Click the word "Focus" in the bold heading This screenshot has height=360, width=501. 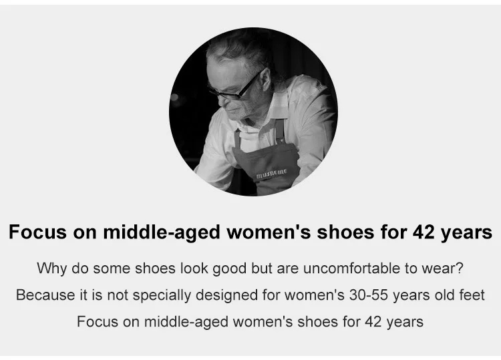(x=37, y=232)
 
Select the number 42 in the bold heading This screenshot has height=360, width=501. (x=424, y=232)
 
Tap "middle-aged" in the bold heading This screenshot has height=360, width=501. (x=162, y=233)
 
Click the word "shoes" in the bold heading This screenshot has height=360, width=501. (x=345, y=232)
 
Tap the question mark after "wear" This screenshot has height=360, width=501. (x=460, y=268)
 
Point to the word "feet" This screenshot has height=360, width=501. (x=472, y=295)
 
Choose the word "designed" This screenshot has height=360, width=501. (x=226, y=295)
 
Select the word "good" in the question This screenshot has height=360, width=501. (x=229, y=269)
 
